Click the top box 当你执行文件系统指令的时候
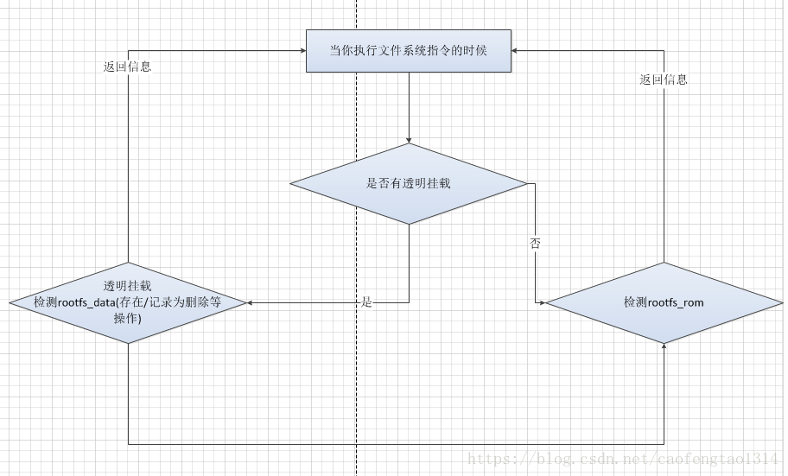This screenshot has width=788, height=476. pyautogui.click(x=408, y=50)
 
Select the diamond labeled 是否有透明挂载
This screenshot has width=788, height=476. pyautogui.click(x=408, y=183)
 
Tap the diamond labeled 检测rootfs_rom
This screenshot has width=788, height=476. pyautogui.click(x=664, y=302)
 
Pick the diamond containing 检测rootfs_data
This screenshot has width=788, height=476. pyautogui.click(x=128, y=302)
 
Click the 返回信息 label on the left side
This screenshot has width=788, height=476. pyautogui.click(x=127, y=67)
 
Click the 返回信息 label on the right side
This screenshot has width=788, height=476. pyautogui.click(x=664, y=79)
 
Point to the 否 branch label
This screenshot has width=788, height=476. pyautogui.click(x=536, y=244)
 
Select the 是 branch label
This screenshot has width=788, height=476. pyautogui.click(x=366, y=302)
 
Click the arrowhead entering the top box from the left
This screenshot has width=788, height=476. pyautogui.click(x=302, y=50)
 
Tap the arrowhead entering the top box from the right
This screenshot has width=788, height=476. pyautogui.click(x=516, y=50)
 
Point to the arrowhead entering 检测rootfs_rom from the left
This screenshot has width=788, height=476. pyautogui.click(x=541, y=302)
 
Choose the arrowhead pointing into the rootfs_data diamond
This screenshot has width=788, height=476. pyautogui.click(x=251, y=302)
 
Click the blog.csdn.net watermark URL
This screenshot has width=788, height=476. pyautogui.click(x=622, y=459)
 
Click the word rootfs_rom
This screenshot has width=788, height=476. pyautogui.click(x=676, y=302)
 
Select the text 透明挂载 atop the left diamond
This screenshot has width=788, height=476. pyautogui.click(x=127, y=286)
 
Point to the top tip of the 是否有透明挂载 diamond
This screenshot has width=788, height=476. pyautogui.click(x=408, y=143)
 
